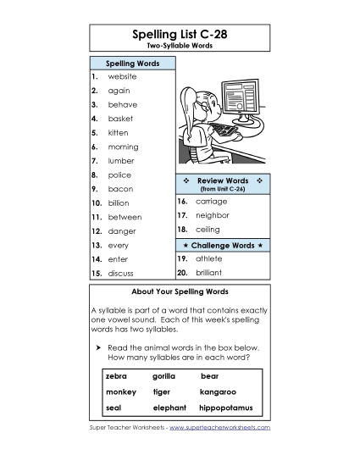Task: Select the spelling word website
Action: (x=122, y=76)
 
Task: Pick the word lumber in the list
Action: (x=121, y=160)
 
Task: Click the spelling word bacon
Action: (x=120, y=189)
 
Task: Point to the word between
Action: (x=125, y=217)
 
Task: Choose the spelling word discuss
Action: (x=121, y=273)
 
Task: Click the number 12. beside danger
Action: (x=97, y=230)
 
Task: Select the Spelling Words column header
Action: (x=131, y=64)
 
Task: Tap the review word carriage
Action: (x=211, y=202)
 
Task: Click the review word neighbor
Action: (x=213, y=215)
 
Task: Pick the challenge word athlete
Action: (x=208, y=258)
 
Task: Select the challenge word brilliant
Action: (x=208, y=273)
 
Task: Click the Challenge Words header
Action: (x=223, y=245)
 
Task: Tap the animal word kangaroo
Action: (x=218, y=391)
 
